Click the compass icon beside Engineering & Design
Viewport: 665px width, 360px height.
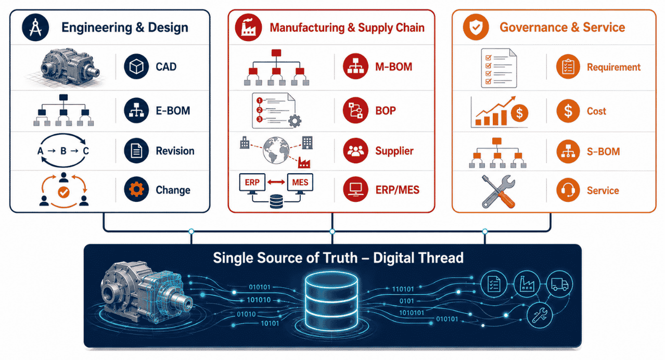click(x=35, y=27)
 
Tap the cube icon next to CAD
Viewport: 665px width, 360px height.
click(x=136, y=67)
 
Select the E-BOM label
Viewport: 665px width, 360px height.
click(x=173, y=111)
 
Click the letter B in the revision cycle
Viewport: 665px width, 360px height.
click(x=63, y=151)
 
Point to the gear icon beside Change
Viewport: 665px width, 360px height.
click(x=136, y=189)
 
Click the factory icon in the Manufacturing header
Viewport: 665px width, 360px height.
click(x=248, y=27)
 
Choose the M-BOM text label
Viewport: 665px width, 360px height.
click(x=394, y=67)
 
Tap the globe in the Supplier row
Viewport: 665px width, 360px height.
click(x=276, y=150)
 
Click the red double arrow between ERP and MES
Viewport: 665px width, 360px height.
click(x=276, y=182)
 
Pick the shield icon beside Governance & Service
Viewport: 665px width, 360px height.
click(x=476, y=27)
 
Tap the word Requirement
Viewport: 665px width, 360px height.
click(x=613, y=68)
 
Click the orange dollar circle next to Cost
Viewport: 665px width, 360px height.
click(x=568, y=111)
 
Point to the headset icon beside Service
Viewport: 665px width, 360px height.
click(x=568, y=190)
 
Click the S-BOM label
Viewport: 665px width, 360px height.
click(x=603, y=152)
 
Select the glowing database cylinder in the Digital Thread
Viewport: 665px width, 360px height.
click(x=331, y=300)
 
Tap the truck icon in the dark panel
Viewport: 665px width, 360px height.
click(x=559, y=285)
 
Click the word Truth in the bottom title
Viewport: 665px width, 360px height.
click(x=340, y=258)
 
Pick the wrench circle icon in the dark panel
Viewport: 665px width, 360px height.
click(x=540, y=315)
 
